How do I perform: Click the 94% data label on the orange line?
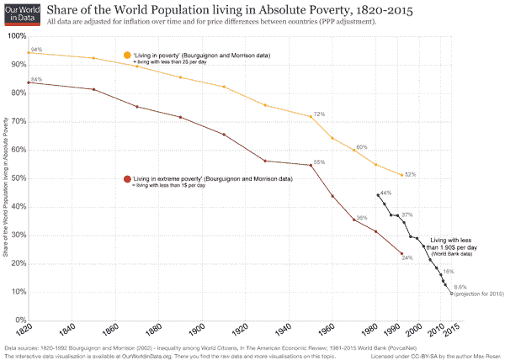pyautogui.click(x=36, y=50)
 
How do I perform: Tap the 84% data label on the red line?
pyautogui.click(x=36, y=79)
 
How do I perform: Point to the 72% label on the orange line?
pyautogui.click(x=319, y=114)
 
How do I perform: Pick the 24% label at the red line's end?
pyautogui.click(x=407, y=257)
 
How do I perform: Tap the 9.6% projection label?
pyautogui.click(x=460, y=288)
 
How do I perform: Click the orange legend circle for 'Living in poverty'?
pyautogui.click(x=127, y=55)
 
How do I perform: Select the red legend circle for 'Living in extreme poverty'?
pyautogui.click(x=127, y=178)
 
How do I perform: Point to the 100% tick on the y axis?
pyautogui.click(x=15, y=37)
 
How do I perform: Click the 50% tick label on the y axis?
pyautogui.click(x=17, y=178)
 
